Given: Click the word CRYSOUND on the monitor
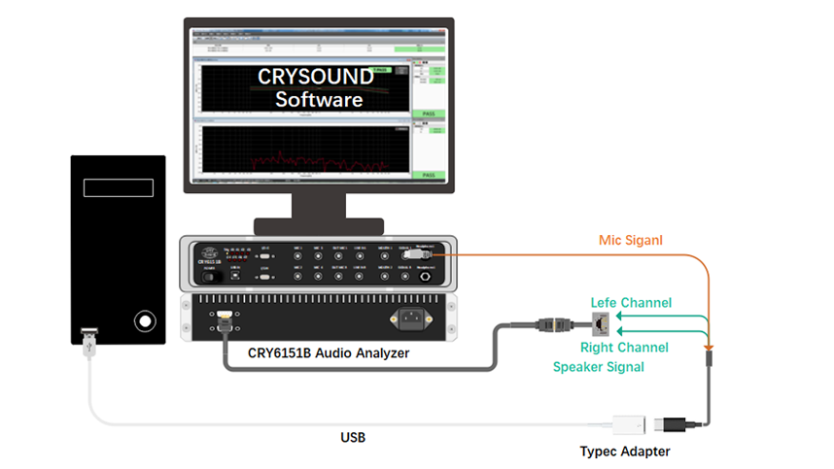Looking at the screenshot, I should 314,76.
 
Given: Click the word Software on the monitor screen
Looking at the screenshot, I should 318,99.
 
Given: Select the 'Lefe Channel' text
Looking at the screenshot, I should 632,303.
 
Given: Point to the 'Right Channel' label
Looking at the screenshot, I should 624,348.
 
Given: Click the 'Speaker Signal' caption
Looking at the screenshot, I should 599,367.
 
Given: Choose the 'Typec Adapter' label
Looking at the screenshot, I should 625,452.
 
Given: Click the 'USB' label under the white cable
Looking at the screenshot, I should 353,438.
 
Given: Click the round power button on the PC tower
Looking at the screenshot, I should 145,320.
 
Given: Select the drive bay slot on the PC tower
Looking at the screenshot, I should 118,187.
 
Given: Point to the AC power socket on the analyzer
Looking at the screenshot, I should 412,318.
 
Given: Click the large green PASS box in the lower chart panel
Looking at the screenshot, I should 428,176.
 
